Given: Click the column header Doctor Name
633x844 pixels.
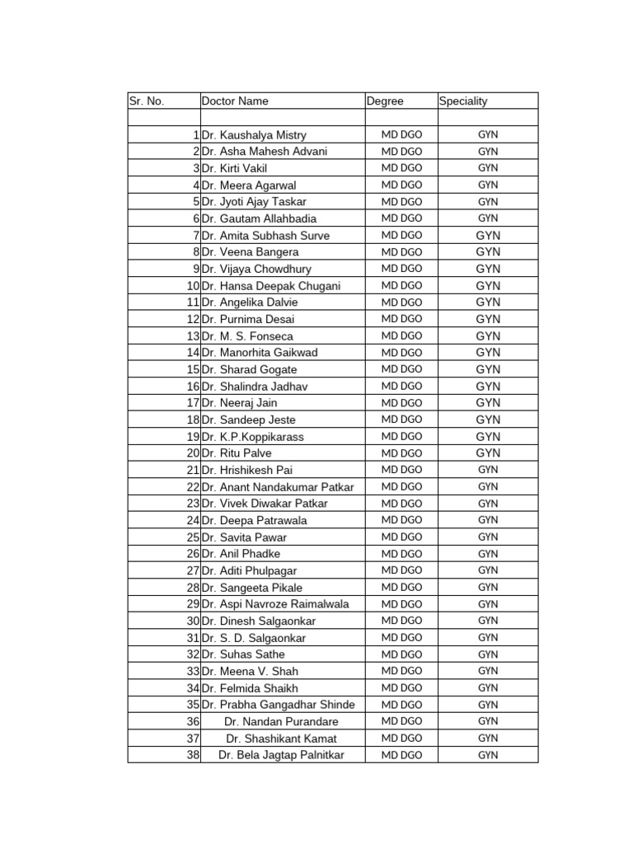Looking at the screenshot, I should point(235,101).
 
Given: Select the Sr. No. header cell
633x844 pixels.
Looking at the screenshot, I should point(147,101).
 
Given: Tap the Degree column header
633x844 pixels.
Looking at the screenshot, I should point(385,101).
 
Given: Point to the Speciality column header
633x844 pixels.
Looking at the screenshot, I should point(463,101).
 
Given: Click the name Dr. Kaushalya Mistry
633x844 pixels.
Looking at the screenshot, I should point(253,134).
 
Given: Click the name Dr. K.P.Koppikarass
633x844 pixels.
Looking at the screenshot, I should point(251,437).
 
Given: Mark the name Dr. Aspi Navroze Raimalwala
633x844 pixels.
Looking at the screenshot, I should point(274,604).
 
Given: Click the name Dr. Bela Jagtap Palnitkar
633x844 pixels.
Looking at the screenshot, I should point(281,755).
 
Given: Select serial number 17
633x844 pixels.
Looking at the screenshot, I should point(194,403).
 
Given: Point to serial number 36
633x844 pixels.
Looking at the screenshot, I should point(194,721).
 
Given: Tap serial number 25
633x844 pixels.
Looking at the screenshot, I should point(194,537).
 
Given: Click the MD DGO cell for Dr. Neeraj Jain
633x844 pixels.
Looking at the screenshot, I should point(401,403).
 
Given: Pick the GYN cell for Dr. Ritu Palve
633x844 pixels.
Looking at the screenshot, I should point(488,453).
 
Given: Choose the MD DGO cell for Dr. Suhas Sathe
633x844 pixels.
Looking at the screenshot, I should point(401,654).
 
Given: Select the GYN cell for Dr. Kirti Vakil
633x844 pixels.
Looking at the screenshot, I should point(488,168).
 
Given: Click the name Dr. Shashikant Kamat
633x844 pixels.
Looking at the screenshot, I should point(281,738).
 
